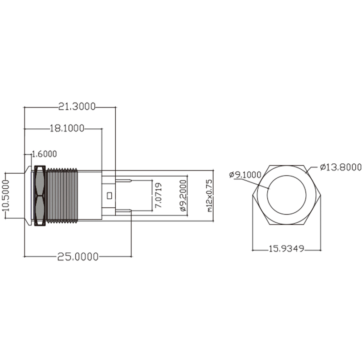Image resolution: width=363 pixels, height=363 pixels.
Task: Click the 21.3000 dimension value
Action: (x=77, y=107)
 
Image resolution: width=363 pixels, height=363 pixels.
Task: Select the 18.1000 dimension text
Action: (x=67, y=129)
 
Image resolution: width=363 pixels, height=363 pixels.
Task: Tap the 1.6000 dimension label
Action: (x=44, y=154)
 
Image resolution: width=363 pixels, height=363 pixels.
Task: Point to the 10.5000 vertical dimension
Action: (x=6, y=196)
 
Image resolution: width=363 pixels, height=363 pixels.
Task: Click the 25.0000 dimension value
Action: (x=78, y=256)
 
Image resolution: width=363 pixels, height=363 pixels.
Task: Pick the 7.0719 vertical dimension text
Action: (x=158, y=196)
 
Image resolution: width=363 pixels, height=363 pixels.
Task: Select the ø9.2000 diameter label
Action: (x=183, y=196)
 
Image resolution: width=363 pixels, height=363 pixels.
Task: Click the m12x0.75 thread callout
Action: (x=209, y=196)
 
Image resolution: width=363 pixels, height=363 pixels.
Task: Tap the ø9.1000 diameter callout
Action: (x=245, y=174)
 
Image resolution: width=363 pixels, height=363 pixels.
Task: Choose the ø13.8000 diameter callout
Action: (x=340, y=167)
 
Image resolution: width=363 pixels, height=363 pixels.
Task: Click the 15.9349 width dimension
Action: (x=286, y=249)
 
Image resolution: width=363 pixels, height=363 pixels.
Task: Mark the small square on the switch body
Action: (x=109, y=196)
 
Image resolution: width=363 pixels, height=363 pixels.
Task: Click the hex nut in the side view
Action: (x=39, y=196)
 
